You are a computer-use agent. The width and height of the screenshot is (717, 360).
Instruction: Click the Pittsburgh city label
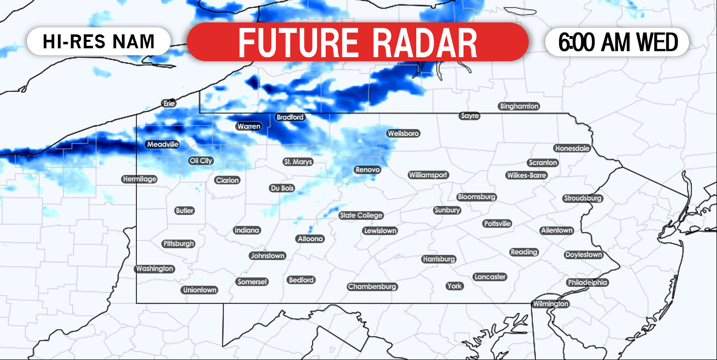point(178,244)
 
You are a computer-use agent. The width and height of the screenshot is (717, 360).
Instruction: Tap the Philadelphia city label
point(588,282)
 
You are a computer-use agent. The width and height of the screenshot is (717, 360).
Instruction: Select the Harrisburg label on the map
point(439,259)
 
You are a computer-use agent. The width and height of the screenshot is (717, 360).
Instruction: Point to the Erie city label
point(169,104)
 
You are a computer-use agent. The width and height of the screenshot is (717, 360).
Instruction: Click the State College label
point(361,216)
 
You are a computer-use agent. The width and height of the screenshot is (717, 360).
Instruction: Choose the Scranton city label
point(543,163)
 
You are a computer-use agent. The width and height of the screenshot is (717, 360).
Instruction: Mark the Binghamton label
point(519,106)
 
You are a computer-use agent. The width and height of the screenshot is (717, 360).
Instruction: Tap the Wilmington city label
point(550,304)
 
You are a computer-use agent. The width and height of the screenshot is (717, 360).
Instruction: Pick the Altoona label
point(310,239)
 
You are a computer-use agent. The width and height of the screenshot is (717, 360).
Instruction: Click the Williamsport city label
point(428,175)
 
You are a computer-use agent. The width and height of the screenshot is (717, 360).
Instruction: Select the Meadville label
point(162,144)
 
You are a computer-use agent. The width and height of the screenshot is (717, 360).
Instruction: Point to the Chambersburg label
point(372,287)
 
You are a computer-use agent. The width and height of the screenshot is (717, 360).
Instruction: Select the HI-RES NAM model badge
point(99,41)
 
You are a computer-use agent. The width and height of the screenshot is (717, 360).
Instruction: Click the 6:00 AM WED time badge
point(617,42)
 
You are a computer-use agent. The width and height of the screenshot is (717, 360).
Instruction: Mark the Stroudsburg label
point(583,198)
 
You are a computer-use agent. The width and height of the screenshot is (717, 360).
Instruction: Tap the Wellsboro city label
point(403,133)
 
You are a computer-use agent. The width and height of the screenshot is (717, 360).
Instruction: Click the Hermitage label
point(139,179)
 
